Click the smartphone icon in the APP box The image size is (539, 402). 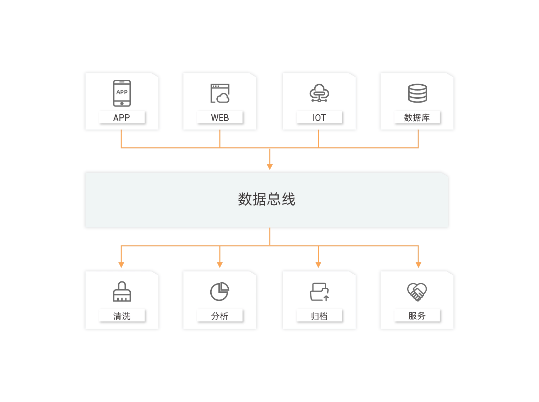pyautogui.click(x=122, y=93)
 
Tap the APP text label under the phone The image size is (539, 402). pyautogui.click(x=122, y=118)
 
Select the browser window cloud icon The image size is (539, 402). pyautogui.click(x=220, y=93)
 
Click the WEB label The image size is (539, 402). pyautogui.click(x=220, y=118)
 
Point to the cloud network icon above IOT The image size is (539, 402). pyautogui.click(x=319, y=93)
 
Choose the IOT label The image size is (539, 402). pyautogui.click(x=319, y=118)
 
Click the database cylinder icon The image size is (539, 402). pyautogui.click(x=417, y=93)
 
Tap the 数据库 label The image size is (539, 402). pyautogui.click(x=417, y=118)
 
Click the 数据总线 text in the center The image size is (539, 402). pyautogui.click(x=267, y=199)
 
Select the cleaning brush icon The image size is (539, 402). pyautogui.click(x=122, y=291)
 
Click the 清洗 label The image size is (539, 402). pyautogui.click(x=122, y=316)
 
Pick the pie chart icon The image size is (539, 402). pyautogui.click(x=220, y=291)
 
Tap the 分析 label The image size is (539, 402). pyautogui.click(x=220, y=316)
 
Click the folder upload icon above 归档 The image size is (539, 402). pyautogui.click(x=319, y=292)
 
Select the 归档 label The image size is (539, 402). pyautogui.click(x=319, y=316)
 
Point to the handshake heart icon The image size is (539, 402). pyautogui.click(x=417, y=292)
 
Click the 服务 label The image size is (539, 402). pyautogui.click(x=417, y=316)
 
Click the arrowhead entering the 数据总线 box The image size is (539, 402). pyautogui.click(x=269, y=166)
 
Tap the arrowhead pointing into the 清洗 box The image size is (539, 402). pyautogui.click(x=122, y=264)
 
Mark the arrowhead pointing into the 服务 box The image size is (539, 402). pyautogui.click(x=418, y=264)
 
